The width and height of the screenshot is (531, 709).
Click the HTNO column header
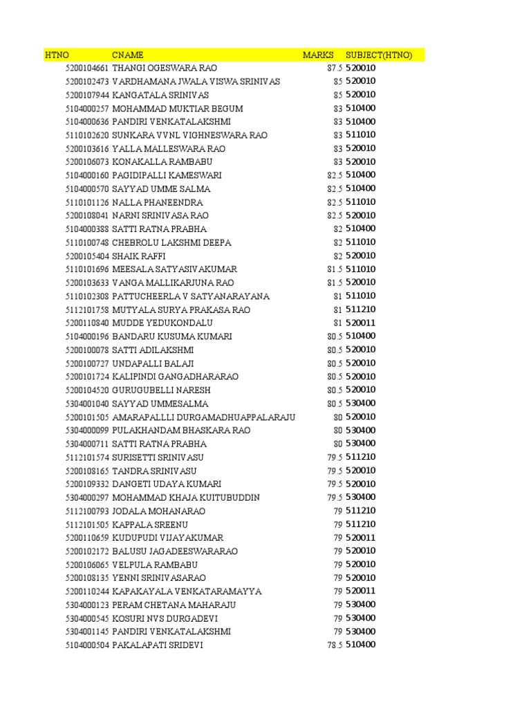click(x=57, y=55)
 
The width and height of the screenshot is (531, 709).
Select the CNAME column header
click(x=128, y=55)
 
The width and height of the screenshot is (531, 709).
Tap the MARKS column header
click(x=318, y=55)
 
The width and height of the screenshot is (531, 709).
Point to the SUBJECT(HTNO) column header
click(x=379, y=55)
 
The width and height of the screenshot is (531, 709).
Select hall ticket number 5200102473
click(x=87, y=82)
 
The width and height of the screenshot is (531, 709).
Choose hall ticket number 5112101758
click(x=87, y=309)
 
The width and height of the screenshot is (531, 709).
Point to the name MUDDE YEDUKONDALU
click(x=162, y=323)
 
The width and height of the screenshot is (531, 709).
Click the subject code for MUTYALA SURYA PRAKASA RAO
click(x=361, y=309)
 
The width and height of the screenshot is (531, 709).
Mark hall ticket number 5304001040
click(x=87, y=404)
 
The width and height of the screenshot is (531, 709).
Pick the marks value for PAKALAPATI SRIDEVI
click(x=335, y=645)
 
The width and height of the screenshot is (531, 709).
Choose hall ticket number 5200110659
click(x=87, y=538)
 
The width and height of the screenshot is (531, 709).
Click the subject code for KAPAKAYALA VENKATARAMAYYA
click(x=361, y=591)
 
